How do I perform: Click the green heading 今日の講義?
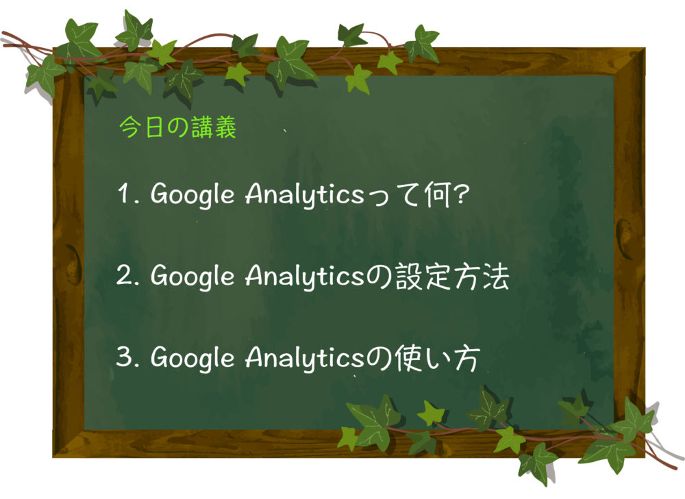tap(177, 127)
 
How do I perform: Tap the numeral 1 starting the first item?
tap(123, 193)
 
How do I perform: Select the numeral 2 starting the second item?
tap(124, 275)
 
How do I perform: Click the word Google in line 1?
tap(192, 194)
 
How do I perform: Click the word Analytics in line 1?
tap(304, 194)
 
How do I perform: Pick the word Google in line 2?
tap(192, 277)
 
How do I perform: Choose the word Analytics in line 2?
tap(304, 277)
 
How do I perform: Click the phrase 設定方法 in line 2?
tap(452, 277)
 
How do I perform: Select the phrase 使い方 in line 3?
tap(437, 358)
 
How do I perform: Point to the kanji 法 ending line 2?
tap(496, 277)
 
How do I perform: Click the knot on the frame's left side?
tap(73, 264)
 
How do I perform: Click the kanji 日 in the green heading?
tap(154, 127)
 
